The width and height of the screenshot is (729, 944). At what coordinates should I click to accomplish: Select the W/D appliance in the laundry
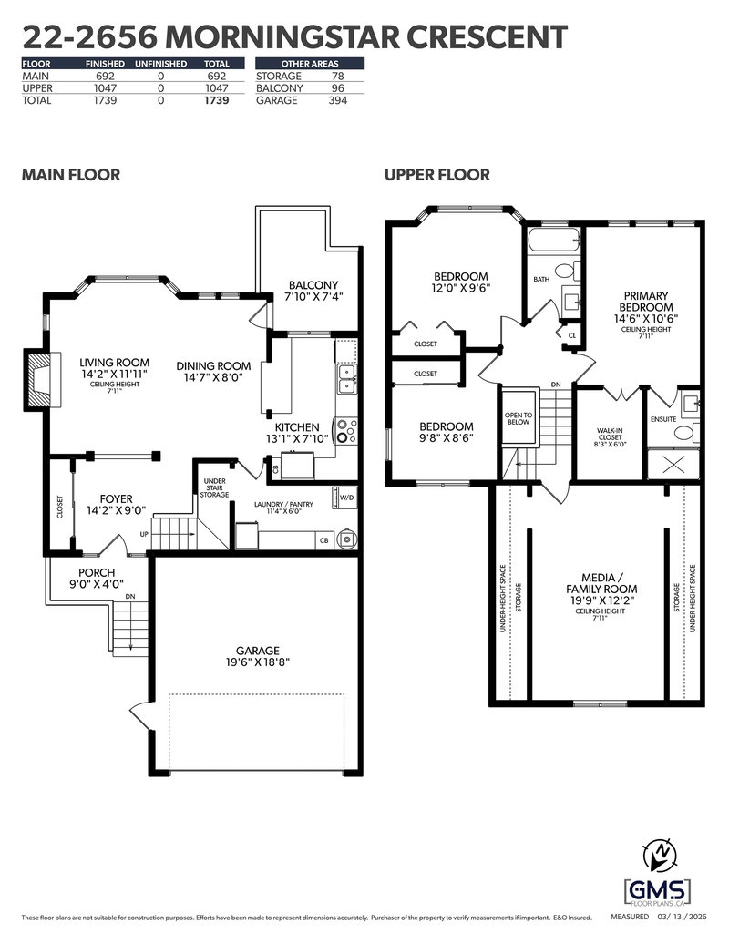[x=346, y=498]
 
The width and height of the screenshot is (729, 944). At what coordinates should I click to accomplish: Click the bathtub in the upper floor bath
[x=553, y=242]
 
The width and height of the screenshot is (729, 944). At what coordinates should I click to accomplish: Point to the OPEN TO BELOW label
[x=518, y=418]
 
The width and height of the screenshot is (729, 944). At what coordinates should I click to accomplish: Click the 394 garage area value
[x=338, y=101]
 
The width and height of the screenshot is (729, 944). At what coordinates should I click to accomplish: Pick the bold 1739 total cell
[x=216, y=101]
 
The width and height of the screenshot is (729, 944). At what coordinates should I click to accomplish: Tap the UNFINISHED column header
[x=160, y=64]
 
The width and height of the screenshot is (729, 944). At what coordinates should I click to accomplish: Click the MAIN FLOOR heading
[x=70, y=175]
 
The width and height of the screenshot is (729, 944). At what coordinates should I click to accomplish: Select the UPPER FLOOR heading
[x=436, y=175]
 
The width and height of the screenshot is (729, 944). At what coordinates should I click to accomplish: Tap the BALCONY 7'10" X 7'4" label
[x=312, y=291]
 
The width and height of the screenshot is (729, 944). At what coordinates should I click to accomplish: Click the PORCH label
[x=97, y=572]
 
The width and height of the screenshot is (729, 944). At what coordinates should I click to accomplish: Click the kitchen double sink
[x=346, y=378]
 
